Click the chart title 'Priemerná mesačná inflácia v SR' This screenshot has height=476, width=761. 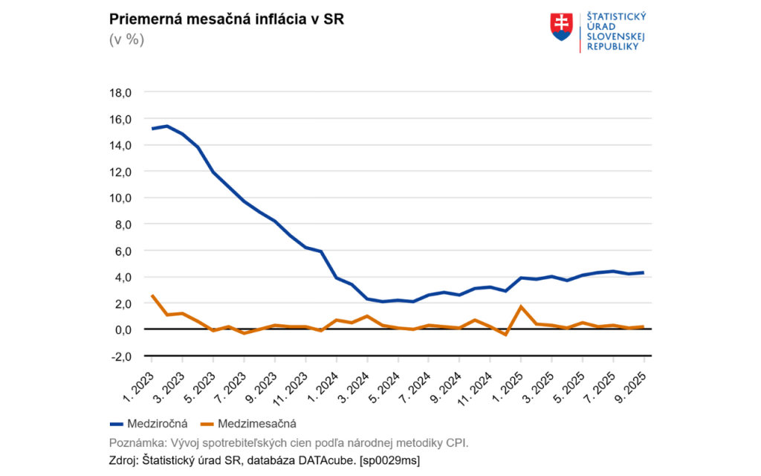point(226,19)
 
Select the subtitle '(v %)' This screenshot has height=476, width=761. point(126,39)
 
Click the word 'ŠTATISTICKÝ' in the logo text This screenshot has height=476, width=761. point(616,16)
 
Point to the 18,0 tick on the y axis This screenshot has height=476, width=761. point(120,93)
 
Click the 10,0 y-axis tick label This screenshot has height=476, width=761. point(120,198)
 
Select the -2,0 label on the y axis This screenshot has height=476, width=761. point(120,356)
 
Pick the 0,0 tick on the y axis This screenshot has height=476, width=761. point(122,329)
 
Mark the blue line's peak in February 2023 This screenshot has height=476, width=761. point(167,126)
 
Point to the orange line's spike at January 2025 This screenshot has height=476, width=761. point(521,306)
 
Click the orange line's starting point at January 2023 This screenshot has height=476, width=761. point(152,295)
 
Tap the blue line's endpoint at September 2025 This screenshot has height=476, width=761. point(644,272)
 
